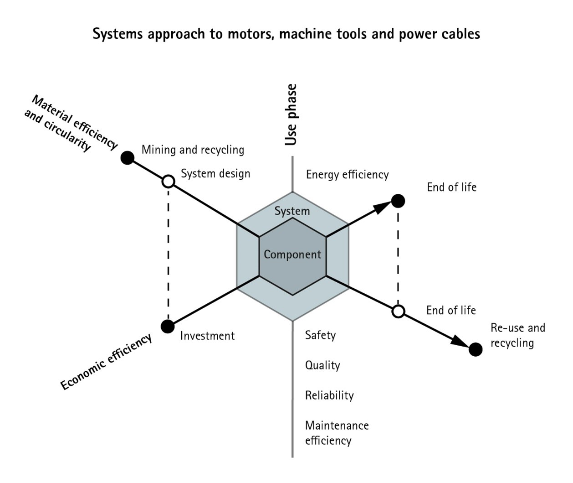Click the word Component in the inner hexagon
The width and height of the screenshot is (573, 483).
[292, 254]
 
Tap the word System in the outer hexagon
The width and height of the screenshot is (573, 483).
[292, 211]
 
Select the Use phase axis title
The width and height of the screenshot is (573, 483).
[291, 115]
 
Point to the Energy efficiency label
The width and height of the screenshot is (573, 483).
[347, 175]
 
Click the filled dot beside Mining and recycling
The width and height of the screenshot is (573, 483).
[128, 158]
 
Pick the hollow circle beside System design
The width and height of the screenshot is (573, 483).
[169, 182]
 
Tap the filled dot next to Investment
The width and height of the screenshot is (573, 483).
[168, 326]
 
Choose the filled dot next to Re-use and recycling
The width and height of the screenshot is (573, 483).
[476, 349]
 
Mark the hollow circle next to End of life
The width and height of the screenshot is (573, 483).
[399, 312]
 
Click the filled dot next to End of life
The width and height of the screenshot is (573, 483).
[398, 201]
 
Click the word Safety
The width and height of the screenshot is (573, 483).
[320, 335]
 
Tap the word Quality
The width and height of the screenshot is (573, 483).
[322, 365]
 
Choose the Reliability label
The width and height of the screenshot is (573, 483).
[329, 395]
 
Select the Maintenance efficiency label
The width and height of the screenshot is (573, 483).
[337, 433]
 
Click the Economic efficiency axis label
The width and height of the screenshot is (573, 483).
[106, 363]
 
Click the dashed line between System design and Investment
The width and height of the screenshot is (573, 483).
[169, 254]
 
